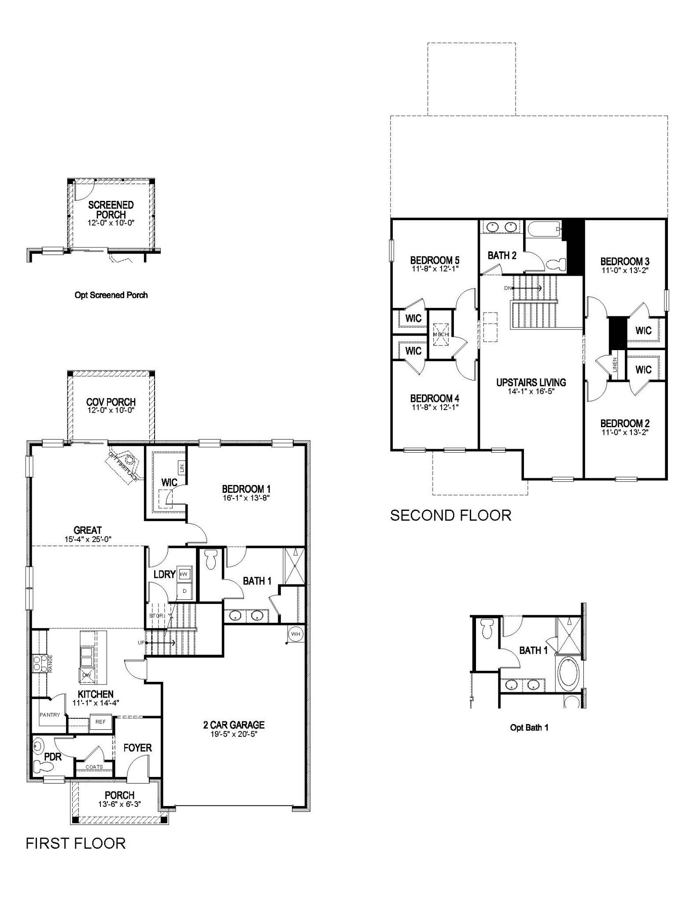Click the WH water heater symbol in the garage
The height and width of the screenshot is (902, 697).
[x=295, y=634]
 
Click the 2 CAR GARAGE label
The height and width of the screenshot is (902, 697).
[x=234, y=725]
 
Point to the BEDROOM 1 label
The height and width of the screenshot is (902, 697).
[x=246, y=489]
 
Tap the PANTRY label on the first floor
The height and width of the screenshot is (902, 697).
[x=49, y=715]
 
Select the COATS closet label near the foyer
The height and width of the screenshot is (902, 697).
[x=94, y=767]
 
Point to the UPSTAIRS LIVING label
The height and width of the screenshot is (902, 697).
[x=531, y=382]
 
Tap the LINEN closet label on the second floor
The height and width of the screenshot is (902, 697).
[x=615, y=365]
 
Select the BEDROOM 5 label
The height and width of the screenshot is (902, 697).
[x=435, y=260]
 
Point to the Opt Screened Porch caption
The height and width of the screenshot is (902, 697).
[x=111, y=295]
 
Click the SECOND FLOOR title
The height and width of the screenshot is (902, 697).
[x=450, y=515]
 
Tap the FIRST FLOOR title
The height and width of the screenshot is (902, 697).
[x=76, y=843]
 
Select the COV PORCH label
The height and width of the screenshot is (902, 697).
[x=111, y=402]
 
